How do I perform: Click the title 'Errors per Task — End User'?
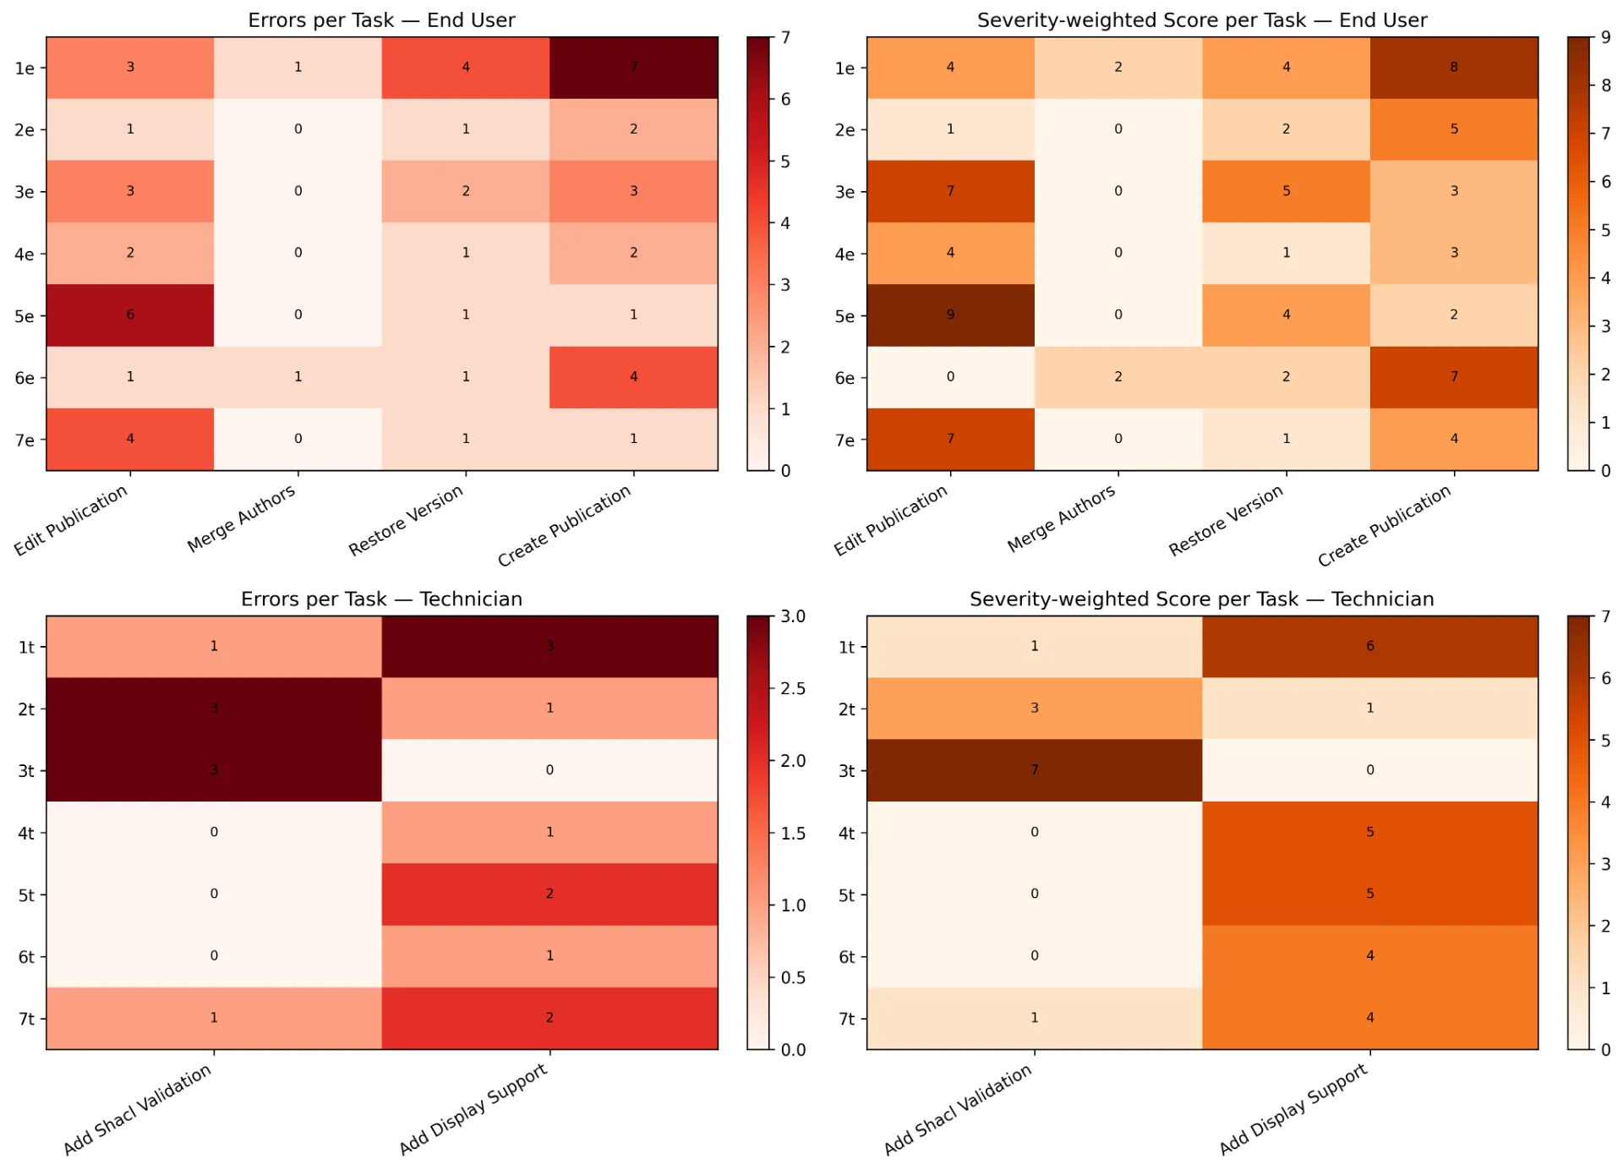tap(381, 20)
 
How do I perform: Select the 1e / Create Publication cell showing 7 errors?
tap(634, 68)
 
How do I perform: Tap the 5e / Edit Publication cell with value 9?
tap(950, 315)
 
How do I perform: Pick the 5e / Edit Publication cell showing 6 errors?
tap(130, 315)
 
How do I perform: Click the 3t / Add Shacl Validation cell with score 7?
tap(1034, 770)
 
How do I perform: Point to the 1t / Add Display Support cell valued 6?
tap(1369, 647)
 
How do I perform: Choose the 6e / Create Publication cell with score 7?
tap(1454, 377)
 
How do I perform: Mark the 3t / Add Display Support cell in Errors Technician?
tap(549, 770)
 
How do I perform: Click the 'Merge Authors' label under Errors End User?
tap(242, 517)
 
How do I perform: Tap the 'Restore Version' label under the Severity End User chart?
tap(1226, 520)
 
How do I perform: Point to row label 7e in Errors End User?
tap(25, 440)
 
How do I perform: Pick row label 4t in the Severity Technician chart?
tap(846, 833)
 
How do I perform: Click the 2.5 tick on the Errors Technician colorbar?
tap(793, 688)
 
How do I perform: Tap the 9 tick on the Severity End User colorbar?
tap(1605, 37)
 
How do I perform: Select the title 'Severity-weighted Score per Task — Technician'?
tap(1201, 599)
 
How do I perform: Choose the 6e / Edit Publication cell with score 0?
tap(950, 377)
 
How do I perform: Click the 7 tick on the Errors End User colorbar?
tap(785, 37)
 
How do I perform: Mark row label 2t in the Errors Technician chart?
tap(26, 709)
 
